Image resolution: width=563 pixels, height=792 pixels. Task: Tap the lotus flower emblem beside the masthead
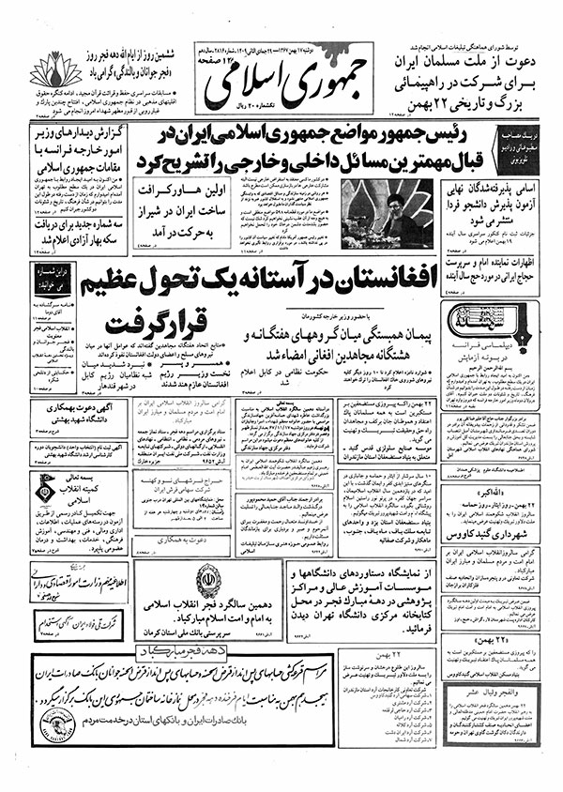[x=54, y=70]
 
